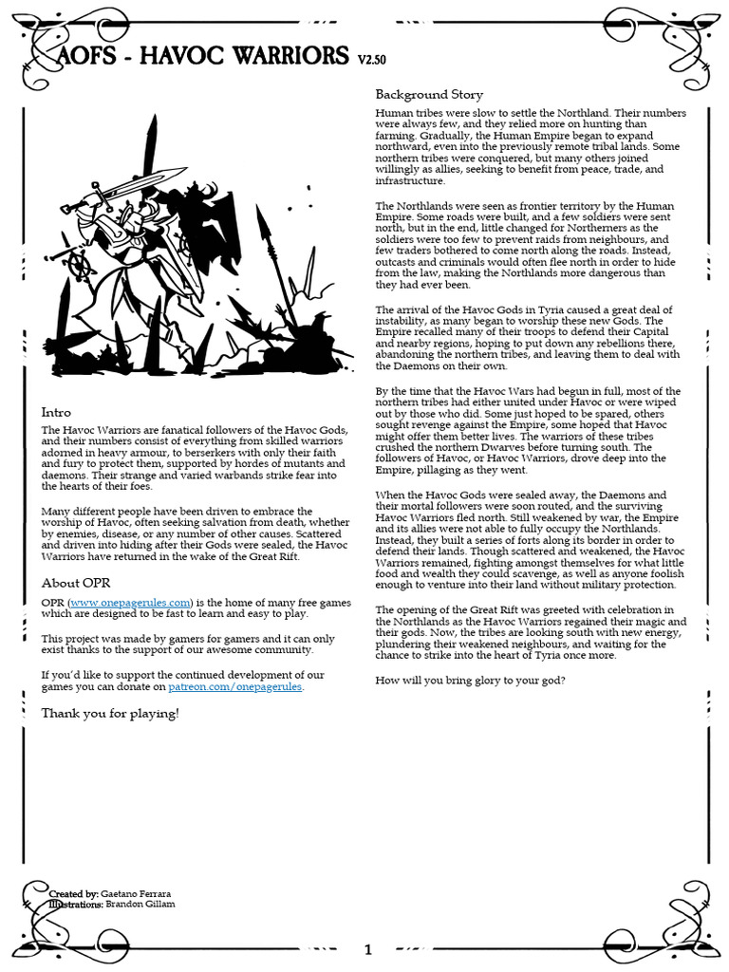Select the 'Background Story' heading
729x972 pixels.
point(429,94)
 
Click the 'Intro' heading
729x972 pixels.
point(56,413)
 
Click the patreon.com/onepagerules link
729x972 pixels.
point(235,686)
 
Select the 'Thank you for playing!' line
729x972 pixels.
point(109,713)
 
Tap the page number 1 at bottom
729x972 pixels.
point(368,949)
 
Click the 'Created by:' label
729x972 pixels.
point(73,894)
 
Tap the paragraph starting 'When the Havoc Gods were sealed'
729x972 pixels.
point(530,540)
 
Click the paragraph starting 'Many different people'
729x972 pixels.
point(195,533)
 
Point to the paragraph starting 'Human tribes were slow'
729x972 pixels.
point(530,146)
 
